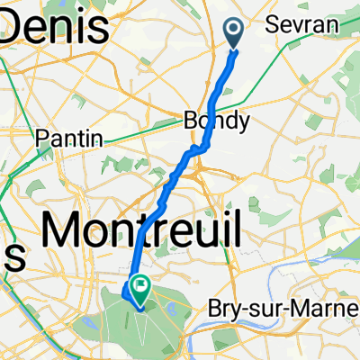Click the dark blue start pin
234,33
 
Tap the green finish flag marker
140,287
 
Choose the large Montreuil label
141,231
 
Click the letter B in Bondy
189,120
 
